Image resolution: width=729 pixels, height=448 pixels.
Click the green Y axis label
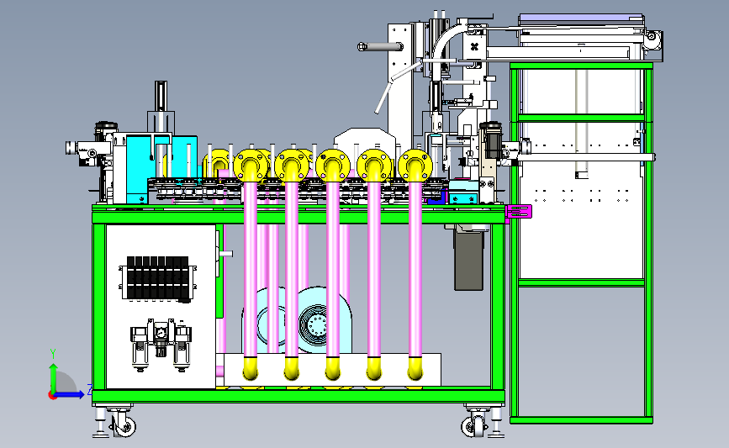(x=53, y=354)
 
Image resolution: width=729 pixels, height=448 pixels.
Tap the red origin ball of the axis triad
(x=52, y=396)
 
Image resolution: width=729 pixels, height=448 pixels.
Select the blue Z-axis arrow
(x=70, y=394)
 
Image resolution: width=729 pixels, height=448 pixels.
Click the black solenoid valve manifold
(x=157, y=277)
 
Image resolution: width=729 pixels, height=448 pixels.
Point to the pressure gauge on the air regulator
(x=161, y=332)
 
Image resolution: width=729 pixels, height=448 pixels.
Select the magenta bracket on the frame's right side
(x=519, y=212)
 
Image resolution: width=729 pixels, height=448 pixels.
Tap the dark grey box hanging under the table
(x=468, y=261)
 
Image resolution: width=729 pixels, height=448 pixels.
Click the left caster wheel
(x=124, y=425)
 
